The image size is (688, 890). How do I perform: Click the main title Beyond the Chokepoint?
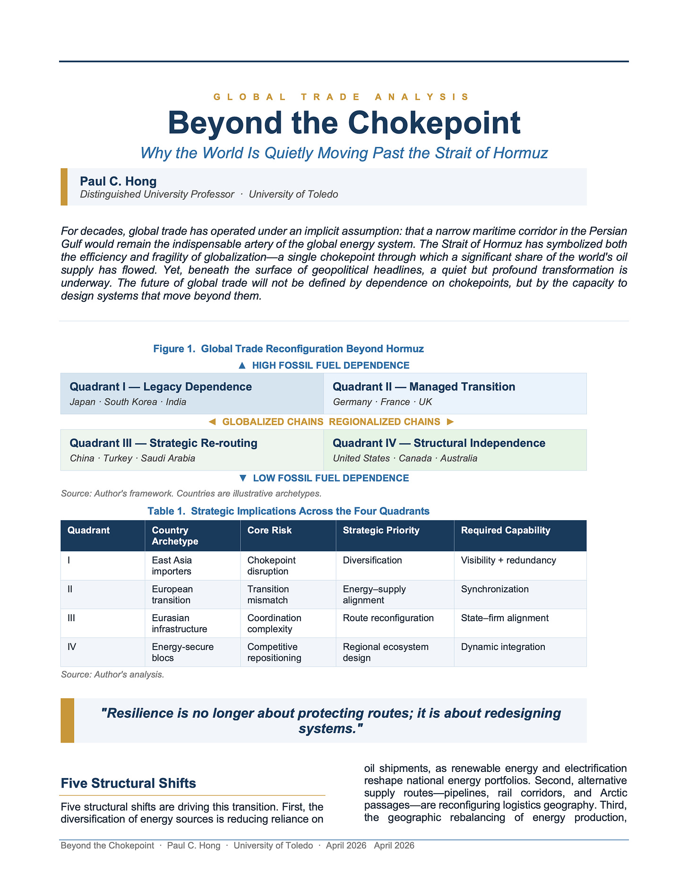pos(344,123)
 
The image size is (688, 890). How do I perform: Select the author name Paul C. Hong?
pos(118,181)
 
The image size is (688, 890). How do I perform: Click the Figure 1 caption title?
pos(288,349)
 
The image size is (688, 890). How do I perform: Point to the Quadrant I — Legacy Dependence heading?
pos(161,386)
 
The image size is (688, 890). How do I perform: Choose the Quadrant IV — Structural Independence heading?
pos(439,443)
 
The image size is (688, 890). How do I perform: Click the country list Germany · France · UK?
pos(382,402)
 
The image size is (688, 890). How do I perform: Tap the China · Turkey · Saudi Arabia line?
pos(132,458)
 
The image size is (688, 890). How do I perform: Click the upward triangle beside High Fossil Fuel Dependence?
pos(242,365)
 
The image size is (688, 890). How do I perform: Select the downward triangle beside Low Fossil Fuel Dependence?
pos(243,478)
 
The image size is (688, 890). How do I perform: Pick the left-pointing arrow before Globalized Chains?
pos(212,422)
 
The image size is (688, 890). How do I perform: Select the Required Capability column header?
pos(506,530)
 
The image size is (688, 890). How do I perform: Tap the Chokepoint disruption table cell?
pos(271,565)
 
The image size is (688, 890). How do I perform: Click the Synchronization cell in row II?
pos(495,589)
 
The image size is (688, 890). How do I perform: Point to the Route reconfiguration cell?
pos(388,618)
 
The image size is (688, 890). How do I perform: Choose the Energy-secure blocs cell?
pos(182,652)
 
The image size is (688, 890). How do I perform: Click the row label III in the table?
pos(72,618)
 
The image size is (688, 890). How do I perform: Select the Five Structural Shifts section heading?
pos(129,783)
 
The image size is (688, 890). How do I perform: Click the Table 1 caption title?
pos(288,511)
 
